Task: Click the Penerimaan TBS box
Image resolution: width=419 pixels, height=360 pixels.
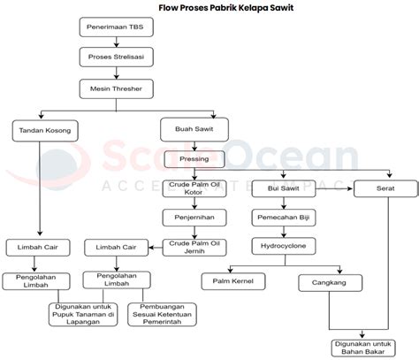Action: (x=117, y=27)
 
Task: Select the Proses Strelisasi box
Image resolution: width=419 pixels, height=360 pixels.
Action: (x=117, y=57)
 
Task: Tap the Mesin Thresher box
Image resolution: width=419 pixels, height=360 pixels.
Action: (x=117, y=88)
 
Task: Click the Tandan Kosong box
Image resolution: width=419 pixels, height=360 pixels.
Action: (x=45, y=131)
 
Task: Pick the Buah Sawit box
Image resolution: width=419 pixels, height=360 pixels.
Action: (x=194, y=129)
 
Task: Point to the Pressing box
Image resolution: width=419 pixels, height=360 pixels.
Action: (x=194, y=159)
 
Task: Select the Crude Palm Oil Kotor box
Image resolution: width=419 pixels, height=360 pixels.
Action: (x=194, y=188)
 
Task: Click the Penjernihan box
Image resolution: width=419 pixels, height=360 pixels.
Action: (x=194, y=218)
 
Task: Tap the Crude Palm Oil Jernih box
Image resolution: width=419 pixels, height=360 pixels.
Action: (x=194, y=248)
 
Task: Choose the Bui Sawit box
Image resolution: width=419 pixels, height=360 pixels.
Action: (x=284, y=188)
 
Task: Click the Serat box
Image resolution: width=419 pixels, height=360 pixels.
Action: (x=385, y=188)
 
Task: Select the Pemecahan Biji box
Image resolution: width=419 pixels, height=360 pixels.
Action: (x=284, y=218)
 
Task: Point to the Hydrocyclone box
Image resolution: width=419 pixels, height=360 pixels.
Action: (x=284, y=246)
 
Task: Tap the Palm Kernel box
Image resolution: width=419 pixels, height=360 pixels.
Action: (x=233, y=281)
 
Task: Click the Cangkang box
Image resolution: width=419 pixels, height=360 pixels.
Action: (x=331, y=283)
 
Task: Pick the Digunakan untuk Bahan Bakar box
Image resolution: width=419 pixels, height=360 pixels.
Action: (x=363, y=349)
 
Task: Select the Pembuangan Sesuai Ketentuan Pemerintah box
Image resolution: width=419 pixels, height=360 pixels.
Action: (x=162, y=314)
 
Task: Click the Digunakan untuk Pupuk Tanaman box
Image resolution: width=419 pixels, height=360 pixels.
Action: (x=83, y=314)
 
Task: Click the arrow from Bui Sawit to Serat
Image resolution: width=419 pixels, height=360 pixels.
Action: (x=334, y=188)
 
